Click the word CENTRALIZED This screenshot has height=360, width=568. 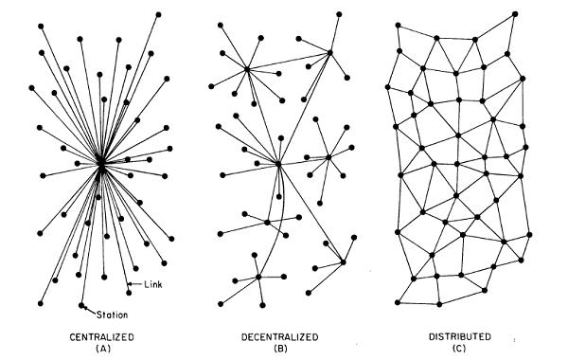(x=102, y=337)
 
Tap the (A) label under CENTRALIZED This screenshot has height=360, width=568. (x=103, y=349)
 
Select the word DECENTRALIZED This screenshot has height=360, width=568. (x=279, y=337)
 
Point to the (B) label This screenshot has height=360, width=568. (x=281, y=349)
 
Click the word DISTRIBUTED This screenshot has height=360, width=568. (x=460, y=337)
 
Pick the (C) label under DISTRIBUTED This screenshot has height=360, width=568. (x=459, y=349)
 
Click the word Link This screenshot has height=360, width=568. (x=153, y=284)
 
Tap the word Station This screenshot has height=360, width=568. (x=113, y=315)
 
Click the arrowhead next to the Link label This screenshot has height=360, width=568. (x=130, y=284)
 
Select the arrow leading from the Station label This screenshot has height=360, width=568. (x=90, y=311)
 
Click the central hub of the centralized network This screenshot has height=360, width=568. (x=101, y=163)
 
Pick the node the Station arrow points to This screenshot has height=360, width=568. (x=81, y=305)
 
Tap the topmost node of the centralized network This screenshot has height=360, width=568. (x=158, y=14)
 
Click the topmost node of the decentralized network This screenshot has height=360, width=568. (x=339, y=14)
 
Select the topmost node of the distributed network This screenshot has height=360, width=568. (x=515, y=14)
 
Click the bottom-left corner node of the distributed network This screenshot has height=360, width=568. (x=398, y=302)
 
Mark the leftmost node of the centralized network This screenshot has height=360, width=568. (x=31, y=88)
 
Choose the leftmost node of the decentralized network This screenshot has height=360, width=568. (x=211, y=86)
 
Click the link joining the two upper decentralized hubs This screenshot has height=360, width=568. (x=289, y=61)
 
